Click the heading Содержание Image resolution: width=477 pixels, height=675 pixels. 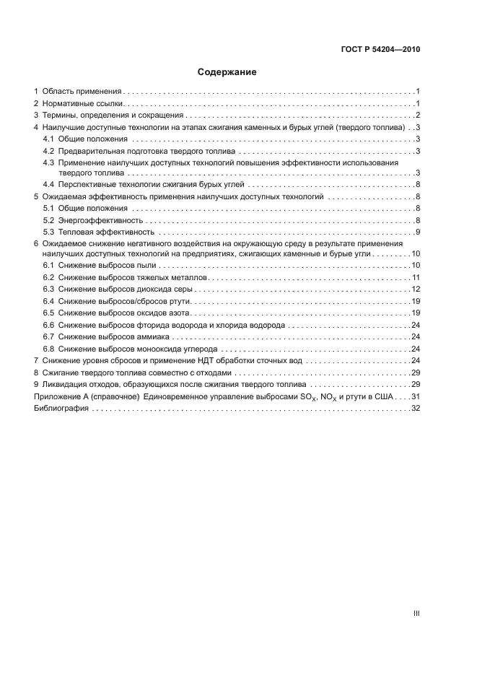(x=227, y=72)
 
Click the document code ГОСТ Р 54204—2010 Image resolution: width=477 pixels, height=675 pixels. (x=380, y=49)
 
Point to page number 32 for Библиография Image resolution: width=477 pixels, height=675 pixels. (x=416, y=409)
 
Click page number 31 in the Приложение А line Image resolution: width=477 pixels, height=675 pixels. (x=416, y=396)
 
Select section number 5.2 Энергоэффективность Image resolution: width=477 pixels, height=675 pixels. (x=48, y=219)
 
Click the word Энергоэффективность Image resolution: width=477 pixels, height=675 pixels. (x=100, y=219)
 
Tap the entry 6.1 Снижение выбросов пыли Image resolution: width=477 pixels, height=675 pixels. (x=96, y=266)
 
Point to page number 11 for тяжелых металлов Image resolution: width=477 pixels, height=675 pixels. (x=416, y=278)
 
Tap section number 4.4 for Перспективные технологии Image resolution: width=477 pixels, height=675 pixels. (x=48, y=185)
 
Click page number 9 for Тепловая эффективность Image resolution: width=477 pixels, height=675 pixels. (x=418, y=231)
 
